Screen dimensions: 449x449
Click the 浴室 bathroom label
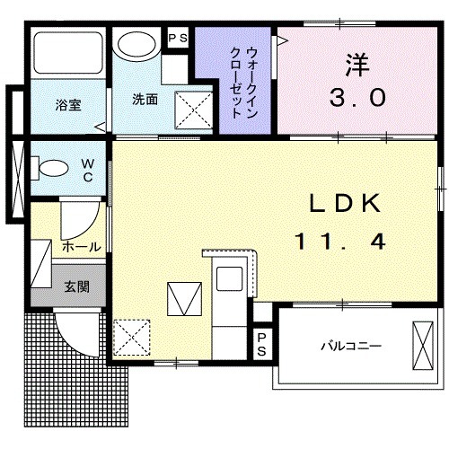68,104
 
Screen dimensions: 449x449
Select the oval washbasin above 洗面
138,45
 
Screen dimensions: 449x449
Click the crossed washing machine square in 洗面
191,110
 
